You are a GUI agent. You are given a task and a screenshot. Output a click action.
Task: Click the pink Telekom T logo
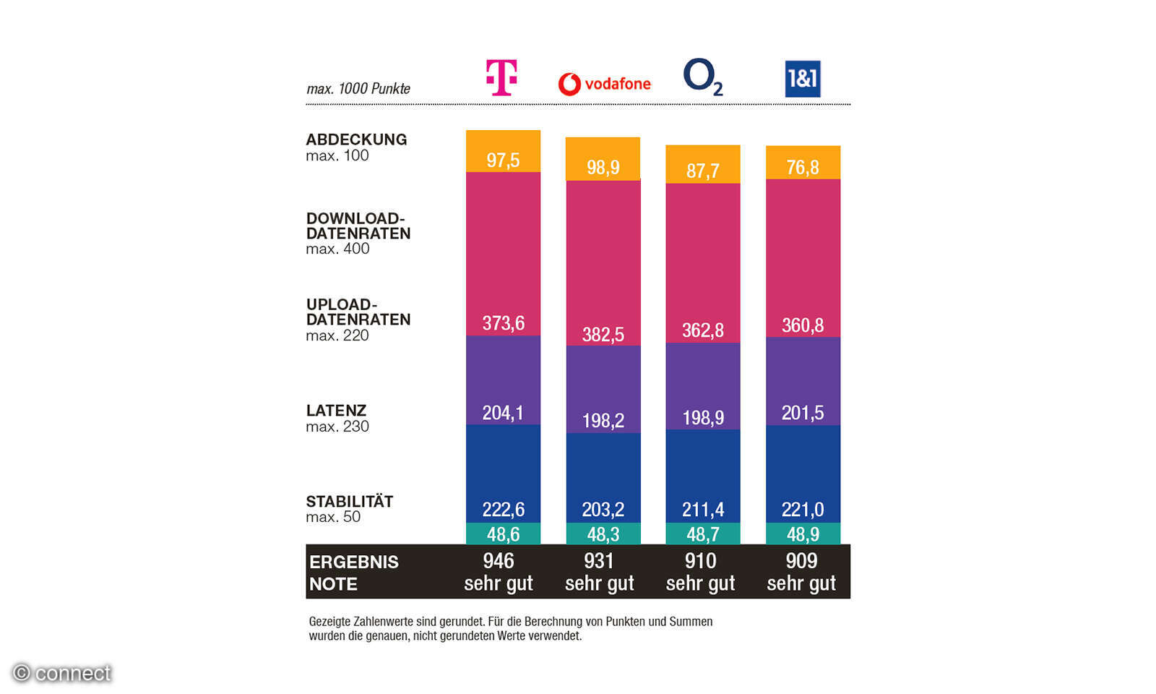point(501,77)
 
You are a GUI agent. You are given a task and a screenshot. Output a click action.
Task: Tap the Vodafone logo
point(605,84)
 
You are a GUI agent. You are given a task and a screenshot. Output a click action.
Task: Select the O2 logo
point(702,77)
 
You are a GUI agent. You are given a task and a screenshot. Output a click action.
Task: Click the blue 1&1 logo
point(803,79)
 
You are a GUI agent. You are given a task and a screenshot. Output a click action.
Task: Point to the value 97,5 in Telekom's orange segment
point(503,160)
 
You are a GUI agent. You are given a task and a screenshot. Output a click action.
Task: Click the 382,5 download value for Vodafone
point(603,334)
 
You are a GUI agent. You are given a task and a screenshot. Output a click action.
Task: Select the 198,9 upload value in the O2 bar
point(703,417)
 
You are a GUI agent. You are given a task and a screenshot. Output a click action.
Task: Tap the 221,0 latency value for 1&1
point(803,509)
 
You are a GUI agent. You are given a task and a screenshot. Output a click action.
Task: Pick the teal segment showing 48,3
point(603,534)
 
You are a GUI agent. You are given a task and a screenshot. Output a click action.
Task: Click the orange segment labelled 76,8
point(803,167)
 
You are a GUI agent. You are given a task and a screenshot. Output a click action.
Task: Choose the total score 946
point(499,561)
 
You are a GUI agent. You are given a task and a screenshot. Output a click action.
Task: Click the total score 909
point(801,561)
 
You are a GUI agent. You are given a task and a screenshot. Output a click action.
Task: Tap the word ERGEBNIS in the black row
point(354,562)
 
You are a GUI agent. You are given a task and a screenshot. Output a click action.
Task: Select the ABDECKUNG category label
point(356,140)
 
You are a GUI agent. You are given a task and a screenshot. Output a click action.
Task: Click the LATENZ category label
point(336,411)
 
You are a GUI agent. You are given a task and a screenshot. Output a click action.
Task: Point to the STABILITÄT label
point(350,502)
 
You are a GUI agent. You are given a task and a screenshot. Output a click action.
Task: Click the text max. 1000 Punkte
point(358,89)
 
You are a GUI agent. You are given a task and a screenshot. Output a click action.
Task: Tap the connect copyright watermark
point(63,673)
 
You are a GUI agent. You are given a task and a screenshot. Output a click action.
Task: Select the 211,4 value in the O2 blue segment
point(703,509)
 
